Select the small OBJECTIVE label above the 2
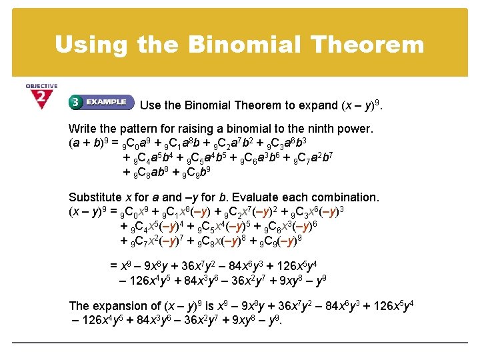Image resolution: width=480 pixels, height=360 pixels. (x=41, y=86)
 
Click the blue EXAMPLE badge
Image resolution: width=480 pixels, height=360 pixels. (x=101, y=103)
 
